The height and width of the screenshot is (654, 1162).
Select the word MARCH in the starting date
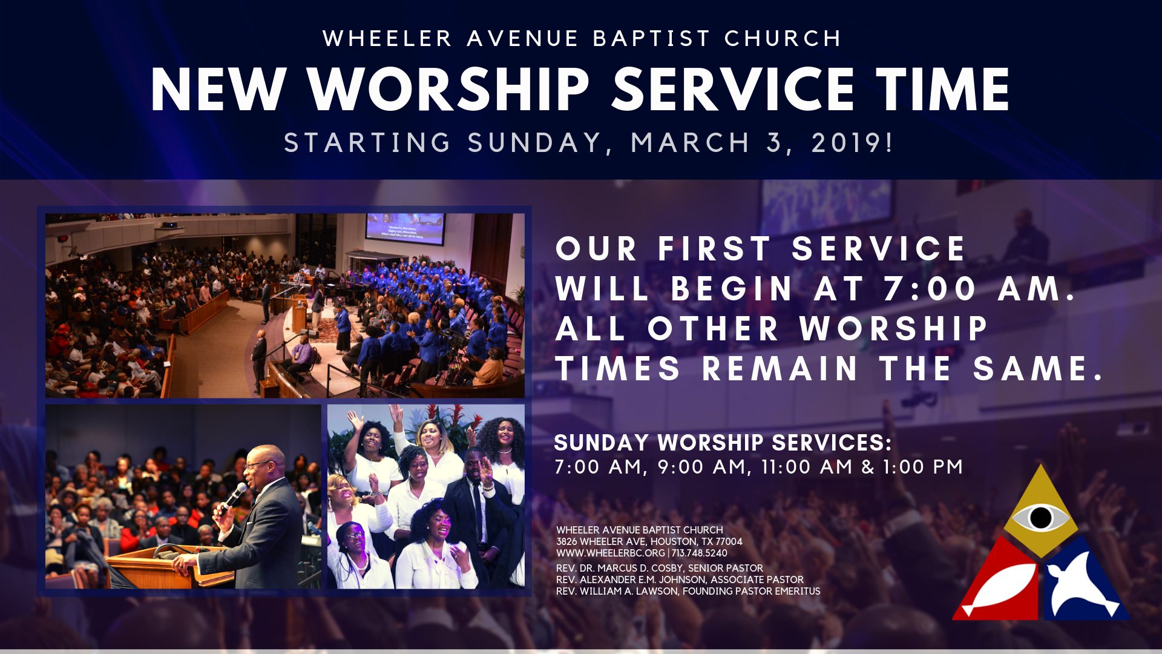pyautogui.click(x=690, y=143)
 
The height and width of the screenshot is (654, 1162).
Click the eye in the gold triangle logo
pyautogui.click(x=1040, y=518)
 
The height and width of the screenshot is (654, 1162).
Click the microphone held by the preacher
pyautogui.click(x=232, y=497)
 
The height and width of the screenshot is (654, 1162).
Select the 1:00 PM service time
pyautogui.click(x=922, y=467)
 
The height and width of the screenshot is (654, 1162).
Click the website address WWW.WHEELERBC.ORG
pyautogui.click(x=610, y=553)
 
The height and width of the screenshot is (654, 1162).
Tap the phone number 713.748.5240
pyautogui.click(x=699, y=553)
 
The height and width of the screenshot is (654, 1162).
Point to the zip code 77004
pyautogui.click(x=729, y=541)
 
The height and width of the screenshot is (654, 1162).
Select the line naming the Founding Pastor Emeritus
pyautogui.click(x=688, y=591)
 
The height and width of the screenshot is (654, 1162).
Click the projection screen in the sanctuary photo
pyautogui.click(x=404, y=228)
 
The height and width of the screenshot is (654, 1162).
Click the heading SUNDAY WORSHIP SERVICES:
pyautogui.click(x=723, y=443)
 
